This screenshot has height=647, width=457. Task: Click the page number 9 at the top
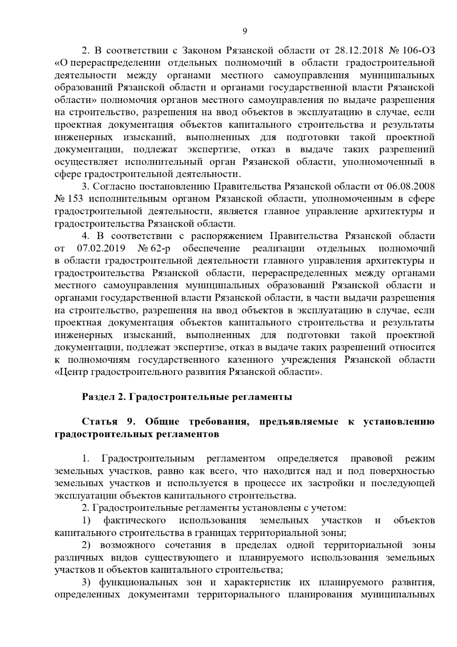tap(245, 32)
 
